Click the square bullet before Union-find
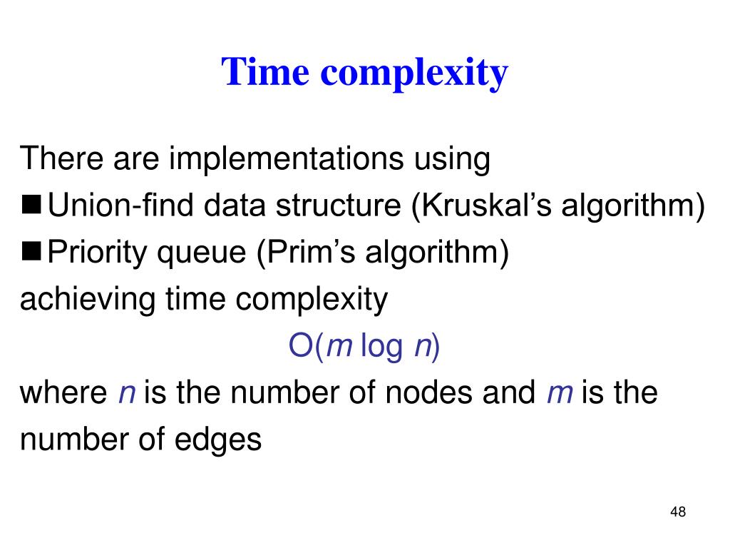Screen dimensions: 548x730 [32, 205]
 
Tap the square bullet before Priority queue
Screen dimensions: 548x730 [32, 252]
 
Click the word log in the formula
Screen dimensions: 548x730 [381, 347]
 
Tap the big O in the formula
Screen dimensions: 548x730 [299, 346]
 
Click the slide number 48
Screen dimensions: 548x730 [677, 512]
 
